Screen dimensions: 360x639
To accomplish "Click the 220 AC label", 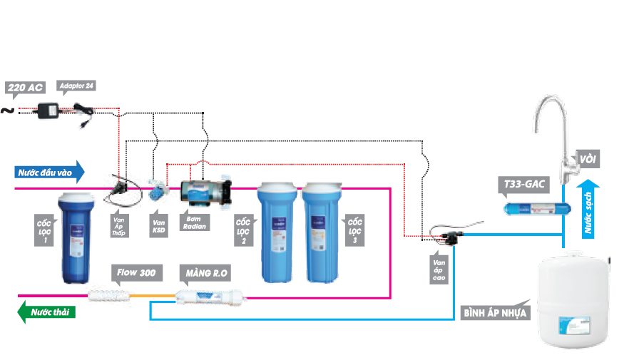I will point(26,88).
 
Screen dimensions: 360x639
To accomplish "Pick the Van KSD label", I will point(159,225).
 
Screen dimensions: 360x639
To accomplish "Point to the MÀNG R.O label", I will point(208,272).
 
